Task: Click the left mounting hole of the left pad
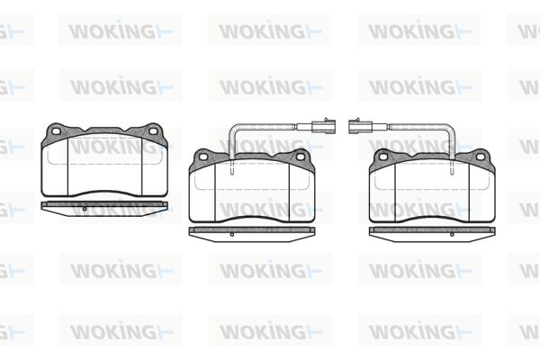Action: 55,130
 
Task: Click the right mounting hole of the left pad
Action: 153,130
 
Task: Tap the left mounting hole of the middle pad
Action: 203,157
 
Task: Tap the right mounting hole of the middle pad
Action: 301,157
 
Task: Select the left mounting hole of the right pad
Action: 383,157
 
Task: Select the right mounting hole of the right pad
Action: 481,157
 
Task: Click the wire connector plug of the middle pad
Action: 323,126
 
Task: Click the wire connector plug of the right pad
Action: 361,126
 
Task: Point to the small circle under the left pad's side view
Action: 85,209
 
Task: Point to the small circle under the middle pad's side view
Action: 232,235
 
